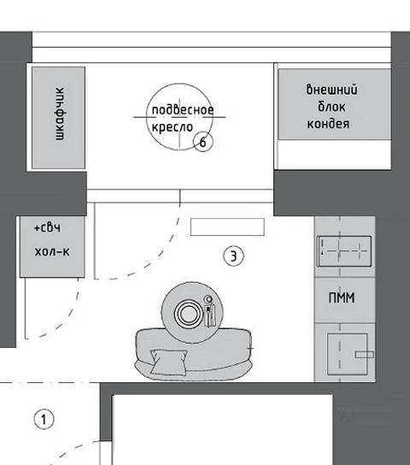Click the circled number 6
click(x=203, y=142)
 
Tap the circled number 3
click(x=234, y=256)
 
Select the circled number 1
click(x=44, y=420)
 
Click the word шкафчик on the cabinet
click(x=60, y=114)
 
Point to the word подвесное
click(x=183, y=109)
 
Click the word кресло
click(x=173, y=127)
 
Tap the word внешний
click(x=331, y=89)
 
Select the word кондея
click(x=328, y=123)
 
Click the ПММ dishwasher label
click(x=342, y=297)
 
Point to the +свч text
click(x=47, y=227)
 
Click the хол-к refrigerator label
click(x=52, y=251)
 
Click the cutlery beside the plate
click(x=210, y=315)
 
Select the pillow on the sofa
click(x=169, y=362)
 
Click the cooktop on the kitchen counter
click(x=344, y=251)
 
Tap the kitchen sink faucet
click(x=365, y=354)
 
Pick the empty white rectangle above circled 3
click(x=227, y=227)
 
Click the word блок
click(x=331, y=107)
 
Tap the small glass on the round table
click(x=208, y=299)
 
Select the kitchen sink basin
click(x=347, y=354)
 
